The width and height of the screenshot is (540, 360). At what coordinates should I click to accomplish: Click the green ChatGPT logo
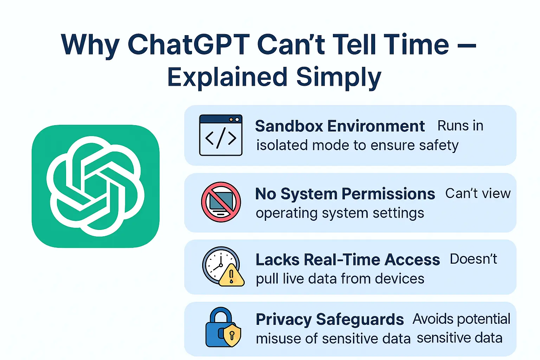[x=95, y=186]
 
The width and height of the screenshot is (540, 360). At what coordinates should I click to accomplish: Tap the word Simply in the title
[x=339, y=77]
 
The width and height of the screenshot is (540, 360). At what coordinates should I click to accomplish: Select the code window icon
[x=221, y=135]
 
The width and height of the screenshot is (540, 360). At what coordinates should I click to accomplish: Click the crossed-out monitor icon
[x=221, y=202]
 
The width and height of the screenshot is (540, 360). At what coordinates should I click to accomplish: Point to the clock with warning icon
[x=222, y=266]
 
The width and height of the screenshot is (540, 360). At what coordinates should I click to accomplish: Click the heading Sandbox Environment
[x=340, y=126]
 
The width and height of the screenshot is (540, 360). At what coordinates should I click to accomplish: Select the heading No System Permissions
[x=345, y=194]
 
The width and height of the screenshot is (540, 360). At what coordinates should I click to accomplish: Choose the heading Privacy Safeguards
[x=329, y=320]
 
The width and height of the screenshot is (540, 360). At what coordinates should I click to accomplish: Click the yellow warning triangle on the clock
[x=232, y=276]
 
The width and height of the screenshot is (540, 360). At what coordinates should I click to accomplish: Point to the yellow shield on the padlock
[x=232, y=335]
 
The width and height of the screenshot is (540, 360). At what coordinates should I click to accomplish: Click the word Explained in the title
[x=227, y=77]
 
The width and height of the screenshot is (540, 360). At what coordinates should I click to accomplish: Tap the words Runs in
[x=460, y=126]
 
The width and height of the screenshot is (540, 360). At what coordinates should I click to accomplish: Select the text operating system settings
[x=340, y=213]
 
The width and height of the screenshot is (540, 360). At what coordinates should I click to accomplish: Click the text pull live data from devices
[x=340, y=279]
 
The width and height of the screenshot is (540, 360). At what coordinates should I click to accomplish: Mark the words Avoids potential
[x=461, y=319]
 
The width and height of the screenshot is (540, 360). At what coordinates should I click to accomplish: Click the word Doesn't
[x=473, y=259]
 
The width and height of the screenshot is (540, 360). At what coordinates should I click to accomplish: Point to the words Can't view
[x=478, y=194]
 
